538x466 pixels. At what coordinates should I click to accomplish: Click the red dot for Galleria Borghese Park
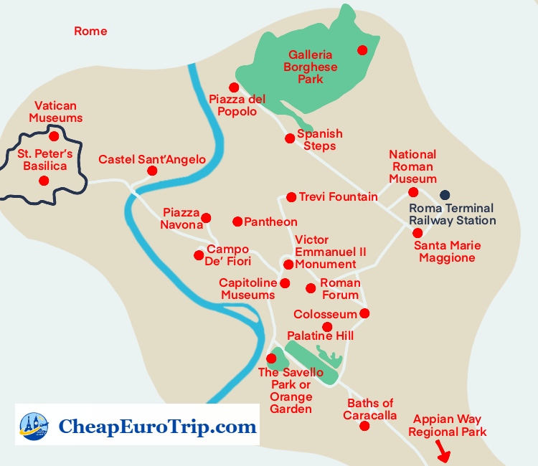362,49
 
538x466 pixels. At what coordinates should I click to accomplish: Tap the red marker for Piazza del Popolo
234,87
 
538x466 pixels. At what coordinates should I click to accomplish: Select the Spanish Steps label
319,140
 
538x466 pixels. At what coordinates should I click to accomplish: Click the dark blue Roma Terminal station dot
445,194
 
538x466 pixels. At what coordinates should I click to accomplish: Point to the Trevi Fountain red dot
291,197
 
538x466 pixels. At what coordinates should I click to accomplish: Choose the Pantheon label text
270,222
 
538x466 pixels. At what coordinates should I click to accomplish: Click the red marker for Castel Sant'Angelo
152,171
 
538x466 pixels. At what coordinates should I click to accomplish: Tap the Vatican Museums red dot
54,135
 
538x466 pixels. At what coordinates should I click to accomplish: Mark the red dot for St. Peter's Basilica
43,181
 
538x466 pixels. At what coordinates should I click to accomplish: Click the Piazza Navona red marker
206,218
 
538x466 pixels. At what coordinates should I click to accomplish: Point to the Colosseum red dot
364,313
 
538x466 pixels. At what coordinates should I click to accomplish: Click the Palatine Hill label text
320,336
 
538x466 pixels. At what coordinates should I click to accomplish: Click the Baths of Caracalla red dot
364,426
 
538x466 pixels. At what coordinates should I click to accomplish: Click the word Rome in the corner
90,31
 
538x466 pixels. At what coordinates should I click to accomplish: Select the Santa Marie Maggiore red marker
417,233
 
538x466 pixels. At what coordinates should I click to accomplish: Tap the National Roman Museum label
412,166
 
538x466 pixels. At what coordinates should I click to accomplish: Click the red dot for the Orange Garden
271,358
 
